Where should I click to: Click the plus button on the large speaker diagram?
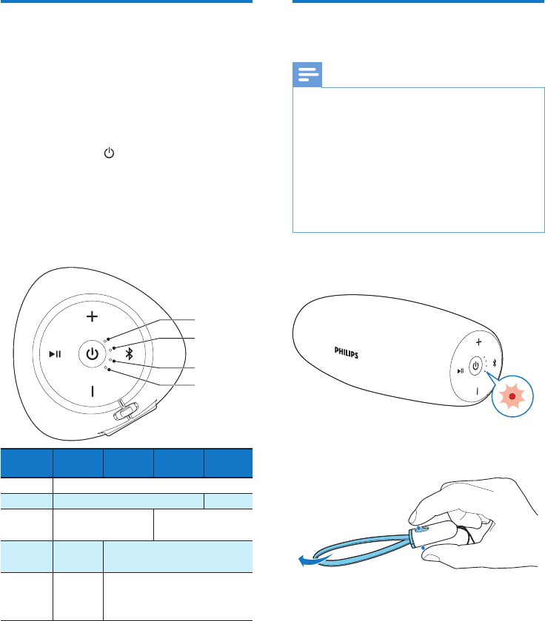pyautogui.click(x=91, y=316)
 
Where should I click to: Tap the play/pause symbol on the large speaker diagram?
pyautogui.click(x=55, y=353)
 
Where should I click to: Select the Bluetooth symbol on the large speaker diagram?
pyautogui.click(x=128, y=353)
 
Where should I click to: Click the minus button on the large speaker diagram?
pyautogui.click(x=92, y=391)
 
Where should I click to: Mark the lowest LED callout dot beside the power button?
pyautogui.click(x=109, y=370)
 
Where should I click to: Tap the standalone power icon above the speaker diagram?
pyautogui.click(x=110, y=155)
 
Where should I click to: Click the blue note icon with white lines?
pyautogui.click(x=308, y=75)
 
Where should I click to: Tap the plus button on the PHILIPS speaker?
pyautogui.click(x=479, y=342)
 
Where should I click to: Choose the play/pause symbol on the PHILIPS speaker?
pyautogui.click(x=461, y=370)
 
